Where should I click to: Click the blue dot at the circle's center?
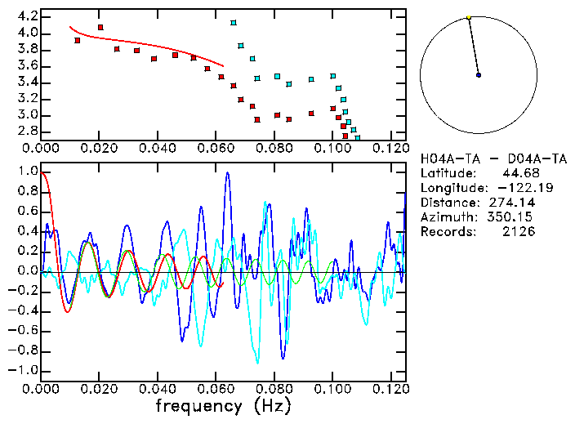coord(478,75)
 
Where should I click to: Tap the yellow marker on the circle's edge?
coord(468,17)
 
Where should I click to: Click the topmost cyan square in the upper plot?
coord(234,23)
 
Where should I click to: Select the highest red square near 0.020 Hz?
coord(100,27)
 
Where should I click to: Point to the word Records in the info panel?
coord(444,232)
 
